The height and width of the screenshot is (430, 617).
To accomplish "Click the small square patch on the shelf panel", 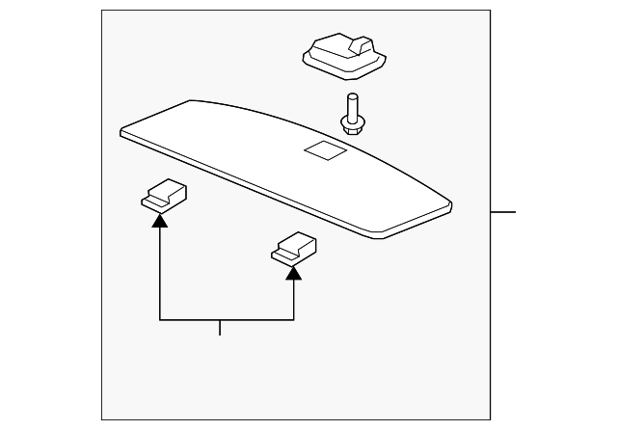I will [322, 149].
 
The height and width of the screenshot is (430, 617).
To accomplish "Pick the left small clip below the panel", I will [164, 196].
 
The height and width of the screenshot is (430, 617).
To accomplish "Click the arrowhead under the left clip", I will [159, 219].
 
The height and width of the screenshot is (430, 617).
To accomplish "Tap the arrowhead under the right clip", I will [293, 271].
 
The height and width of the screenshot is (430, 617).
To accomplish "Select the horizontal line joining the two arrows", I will [226, 319].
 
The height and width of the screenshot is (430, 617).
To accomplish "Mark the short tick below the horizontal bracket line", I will [220, 328].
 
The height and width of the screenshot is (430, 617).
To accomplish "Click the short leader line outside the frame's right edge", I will [503, 211].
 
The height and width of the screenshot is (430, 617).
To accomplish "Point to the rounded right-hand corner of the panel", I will [445, 205].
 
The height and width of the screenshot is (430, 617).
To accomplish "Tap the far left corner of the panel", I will [121, 128].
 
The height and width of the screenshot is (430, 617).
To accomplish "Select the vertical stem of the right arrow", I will [293, 299].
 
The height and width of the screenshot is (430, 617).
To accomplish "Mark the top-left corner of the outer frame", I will [102, 11].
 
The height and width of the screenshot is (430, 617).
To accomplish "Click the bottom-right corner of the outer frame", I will [490, 420].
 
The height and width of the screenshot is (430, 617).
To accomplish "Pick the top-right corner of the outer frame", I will [490, 11].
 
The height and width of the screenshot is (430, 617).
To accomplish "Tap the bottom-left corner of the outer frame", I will [102, 420].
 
